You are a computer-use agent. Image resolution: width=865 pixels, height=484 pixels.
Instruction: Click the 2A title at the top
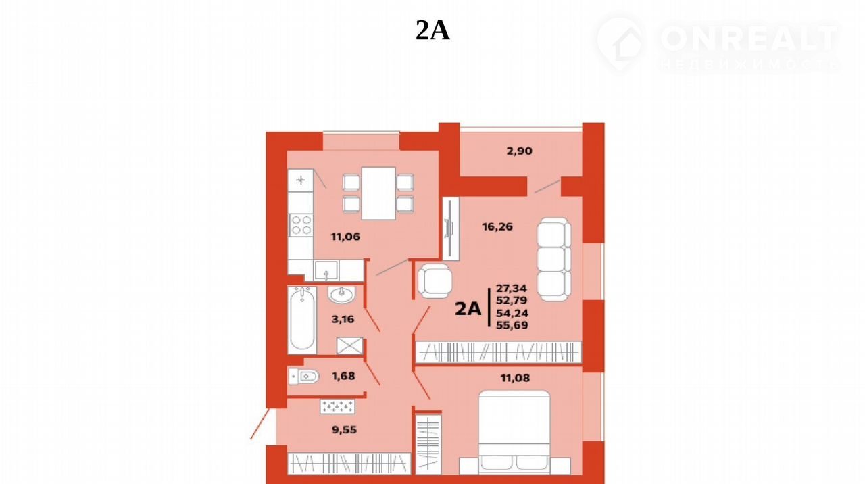432,30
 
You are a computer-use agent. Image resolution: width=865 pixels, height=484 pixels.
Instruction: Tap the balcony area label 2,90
520,151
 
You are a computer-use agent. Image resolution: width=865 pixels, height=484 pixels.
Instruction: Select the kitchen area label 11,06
345,237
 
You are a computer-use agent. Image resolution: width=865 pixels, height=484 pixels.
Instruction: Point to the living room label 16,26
497,226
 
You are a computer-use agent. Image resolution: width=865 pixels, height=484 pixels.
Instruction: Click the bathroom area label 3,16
343,320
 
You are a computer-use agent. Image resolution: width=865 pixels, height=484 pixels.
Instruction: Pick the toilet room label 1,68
343,376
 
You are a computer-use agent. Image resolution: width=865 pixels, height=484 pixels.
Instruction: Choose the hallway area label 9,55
344,429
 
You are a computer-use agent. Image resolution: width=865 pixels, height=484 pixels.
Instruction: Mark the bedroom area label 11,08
515,378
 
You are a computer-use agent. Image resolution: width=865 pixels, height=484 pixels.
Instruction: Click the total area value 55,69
512,326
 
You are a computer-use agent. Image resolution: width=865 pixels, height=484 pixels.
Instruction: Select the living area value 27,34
512,289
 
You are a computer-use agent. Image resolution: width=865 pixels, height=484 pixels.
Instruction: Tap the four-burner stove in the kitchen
301,225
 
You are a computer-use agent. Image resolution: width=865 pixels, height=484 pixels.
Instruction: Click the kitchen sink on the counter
326,270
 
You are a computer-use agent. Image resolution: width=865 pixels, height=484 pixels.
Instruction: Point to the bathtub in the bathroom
302,320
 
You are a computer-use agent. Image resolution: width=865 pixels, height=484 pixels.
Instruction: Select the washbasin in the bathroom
342,295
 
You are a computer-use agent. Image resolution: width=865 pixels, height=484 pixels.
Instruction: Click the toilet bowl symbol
304,376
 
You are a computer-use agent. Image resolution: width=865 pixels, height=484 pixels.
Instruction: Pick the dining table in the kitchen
378,193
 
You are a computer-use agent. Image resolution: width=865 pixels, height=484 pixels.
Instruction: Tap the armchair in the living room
435,281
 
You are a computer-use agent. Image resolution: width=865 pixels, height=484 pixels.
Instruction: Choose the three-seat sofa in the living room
554,259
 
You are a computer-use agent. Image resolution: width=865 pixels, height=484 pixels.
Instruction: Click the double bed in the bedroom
514,432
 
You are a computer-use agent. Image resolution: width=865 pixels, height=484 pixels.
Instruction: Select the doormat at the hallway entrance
337,407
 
